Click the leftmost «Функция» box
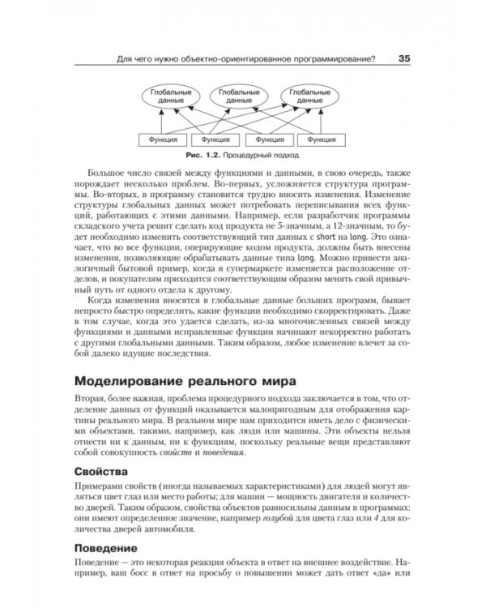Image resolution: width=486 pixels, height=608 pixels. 157,139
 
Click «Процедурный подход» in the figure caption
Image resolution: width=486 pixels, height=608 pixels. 260,154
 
